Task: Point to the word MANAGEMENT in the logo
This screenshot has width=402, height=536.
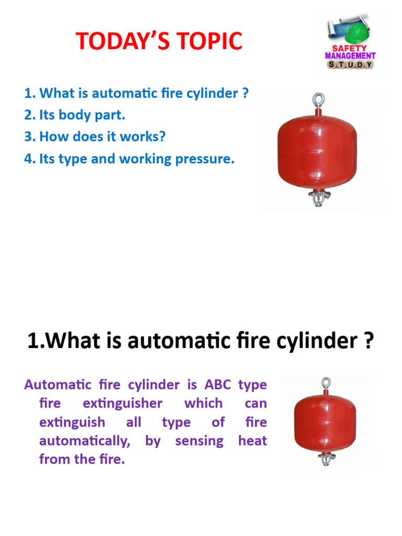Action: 350,56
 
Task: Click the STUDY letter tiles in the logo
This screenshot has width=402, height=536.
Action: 350,64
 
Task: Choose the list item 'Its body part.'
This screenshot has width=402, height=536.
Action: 75,115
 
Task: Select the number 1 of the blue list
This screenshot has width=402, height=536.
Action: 29,94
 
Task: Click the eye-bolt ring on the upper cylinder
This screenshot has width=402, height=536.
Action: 317,99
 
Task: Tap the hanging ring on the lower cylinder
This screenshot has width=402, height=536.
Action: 327,382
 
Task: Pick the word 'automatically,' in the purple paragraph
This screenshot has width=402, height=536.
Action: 84,441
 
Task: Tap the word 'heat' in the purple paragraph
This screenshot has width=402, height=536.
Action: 252,441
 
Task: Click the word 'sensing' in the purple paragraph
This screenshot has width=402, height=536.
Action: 199,441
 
